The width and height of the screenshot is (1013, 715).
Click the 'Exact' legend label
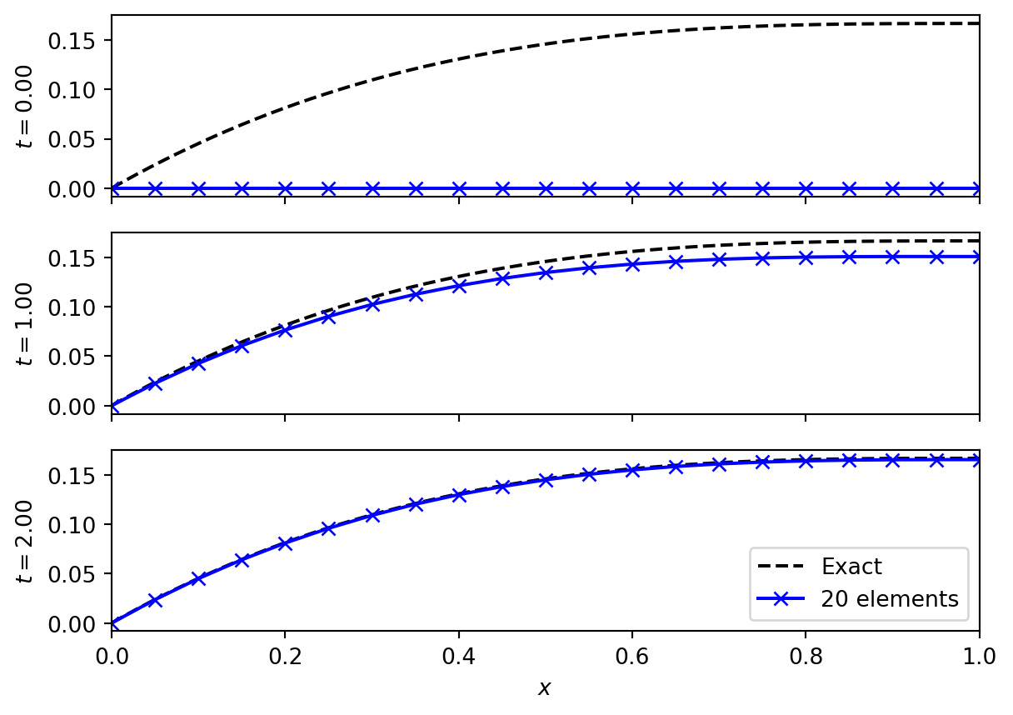tap(851, 567)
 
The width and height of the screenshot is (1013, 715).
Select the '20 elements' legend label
tap(889, 598)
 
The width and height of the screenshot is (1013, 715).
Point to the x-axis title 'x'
tap(545, 688)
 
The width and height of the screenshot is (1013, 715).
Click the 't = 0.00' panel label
tap(25, 107)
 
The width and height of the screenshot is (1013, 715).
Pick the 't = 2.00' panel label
tap(25, 541)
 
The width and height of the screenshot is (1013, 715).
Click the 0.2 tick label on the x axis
tap(285, 656)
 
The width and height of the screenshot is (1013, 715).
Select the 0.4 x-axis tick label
tap(458, 656)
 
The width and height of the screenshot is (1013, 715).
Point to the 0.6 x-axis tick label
tap(632, 656)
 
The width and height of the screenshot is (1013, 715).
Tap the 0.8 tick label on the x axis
tap(806, 656)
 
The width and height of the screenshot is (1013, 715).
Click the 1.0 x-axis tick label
tap(978, 656)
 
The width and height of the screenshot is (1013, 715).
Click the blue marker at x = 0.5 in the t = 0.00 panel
tap(546, 188)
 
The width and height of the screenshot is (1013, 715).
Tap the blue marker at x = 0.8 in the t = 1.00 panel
tap(806, 257)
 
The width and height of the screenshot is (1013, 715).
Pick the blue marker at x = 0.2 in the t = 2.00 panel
tap(285, 543)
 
